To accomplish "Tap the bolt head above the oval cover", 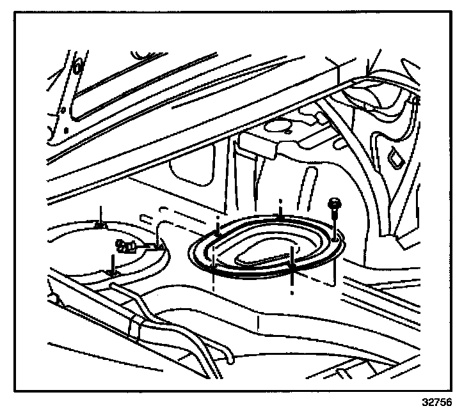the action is click(335, 205).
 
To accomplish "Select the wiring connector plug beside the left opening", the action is click(125, 245).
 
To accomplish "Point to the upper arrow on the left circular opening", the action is click(100, 217).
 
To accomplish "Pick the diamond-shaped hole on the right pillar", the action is click(394, 155).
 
